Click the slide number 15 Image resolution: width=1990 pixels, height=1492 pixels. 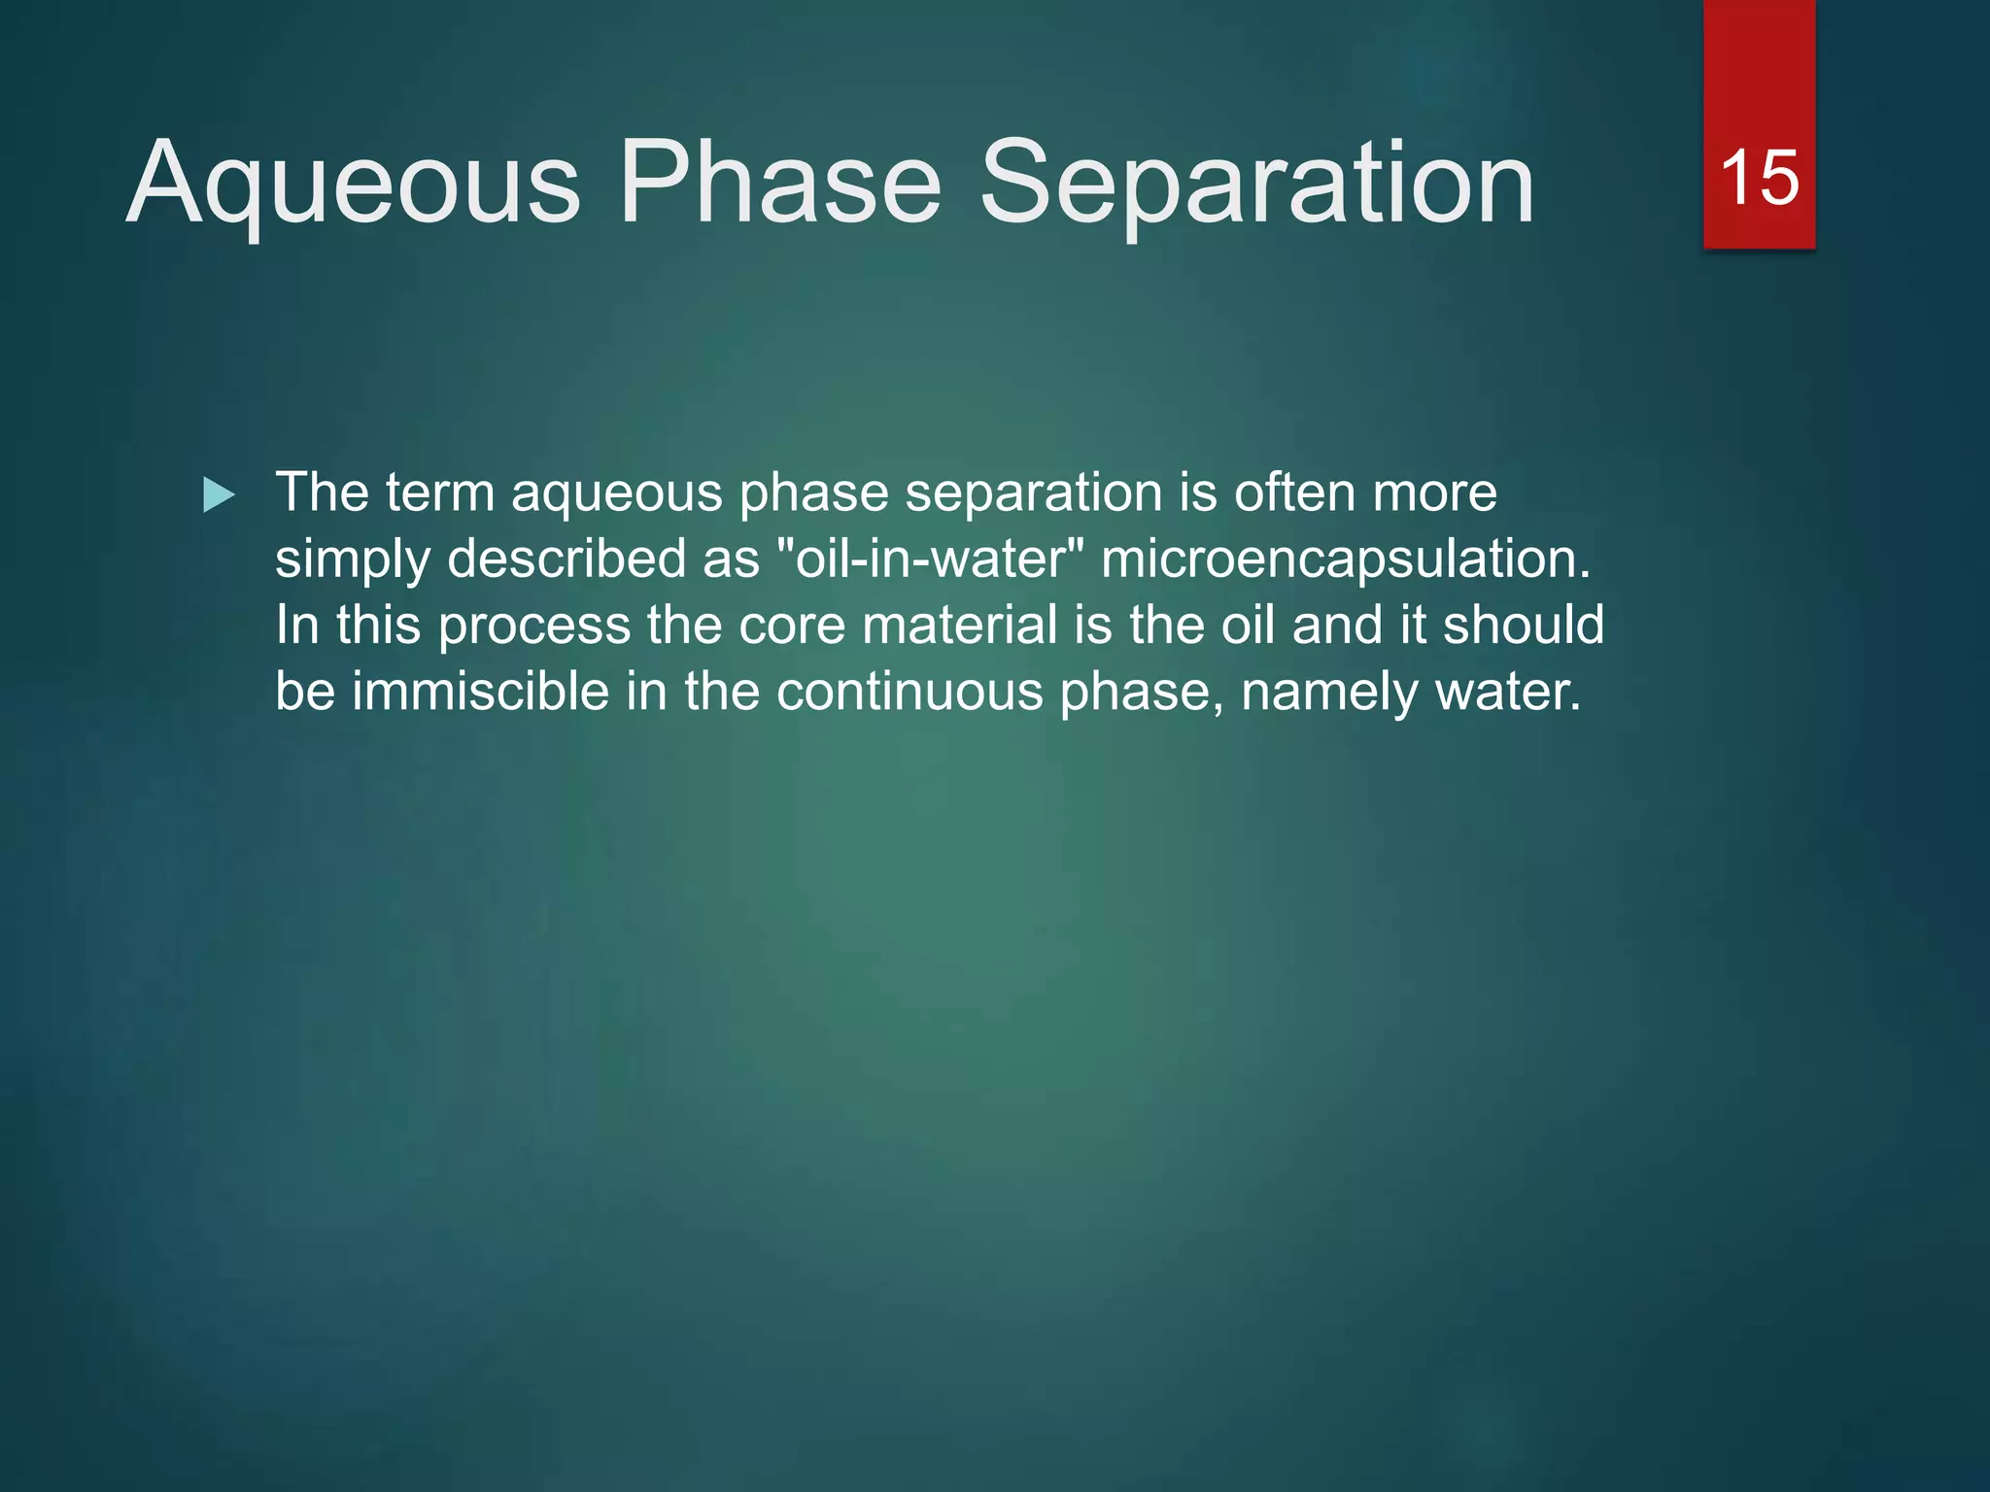coord(1759,179)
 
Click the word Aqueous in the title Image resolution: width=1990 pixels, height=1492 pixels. coord(354,185)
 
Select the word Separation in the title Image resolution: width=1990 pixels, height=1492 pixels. coord(1256,185)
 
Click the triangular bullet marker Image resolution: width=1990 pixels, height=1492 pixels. coord(219,495)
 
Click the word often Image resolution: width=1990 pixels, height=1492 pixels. coord(1294,492)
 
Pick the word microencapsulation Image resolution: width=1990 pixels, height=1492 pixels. coord(1345,560)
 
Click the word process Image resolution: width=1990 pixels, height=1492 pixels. coord(533,627)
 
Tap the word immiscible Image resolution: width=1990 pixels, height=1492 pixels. coord(480,692)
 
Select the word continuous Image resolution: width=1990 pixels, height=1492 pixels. coord(909,692)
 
